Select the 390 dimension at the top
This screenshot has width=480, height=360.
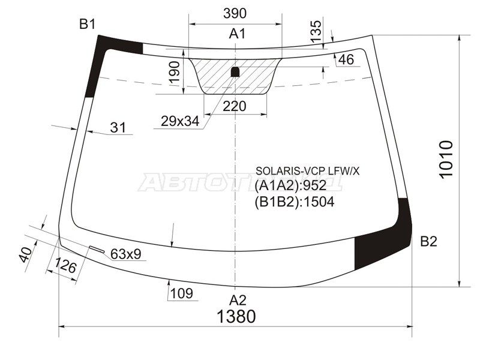pos(235,13)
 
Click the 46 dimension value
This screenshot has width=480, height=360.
pos(346,59)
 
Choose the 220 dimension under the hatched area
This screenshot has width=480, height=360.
pos(235,106)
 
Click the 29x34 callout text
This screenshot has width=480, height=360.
pos(180,121)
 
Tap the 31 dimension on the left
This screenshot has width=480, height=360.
pos(119,127)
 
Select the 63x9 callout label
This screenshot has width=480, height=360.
pos(125,254)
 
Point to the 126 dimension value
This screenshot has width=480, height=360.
pos(65,266)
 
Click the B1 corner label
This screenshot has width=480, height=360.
pos(88,25)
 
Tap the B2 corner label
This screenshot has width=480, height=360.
pos(428,242)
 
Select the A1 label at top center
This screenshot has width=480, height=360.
pos(238,34)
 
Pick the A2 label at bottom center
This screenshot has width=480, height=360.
pos(238,300)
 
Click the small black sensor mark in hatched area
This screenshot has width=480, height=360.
pos(236,72)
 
